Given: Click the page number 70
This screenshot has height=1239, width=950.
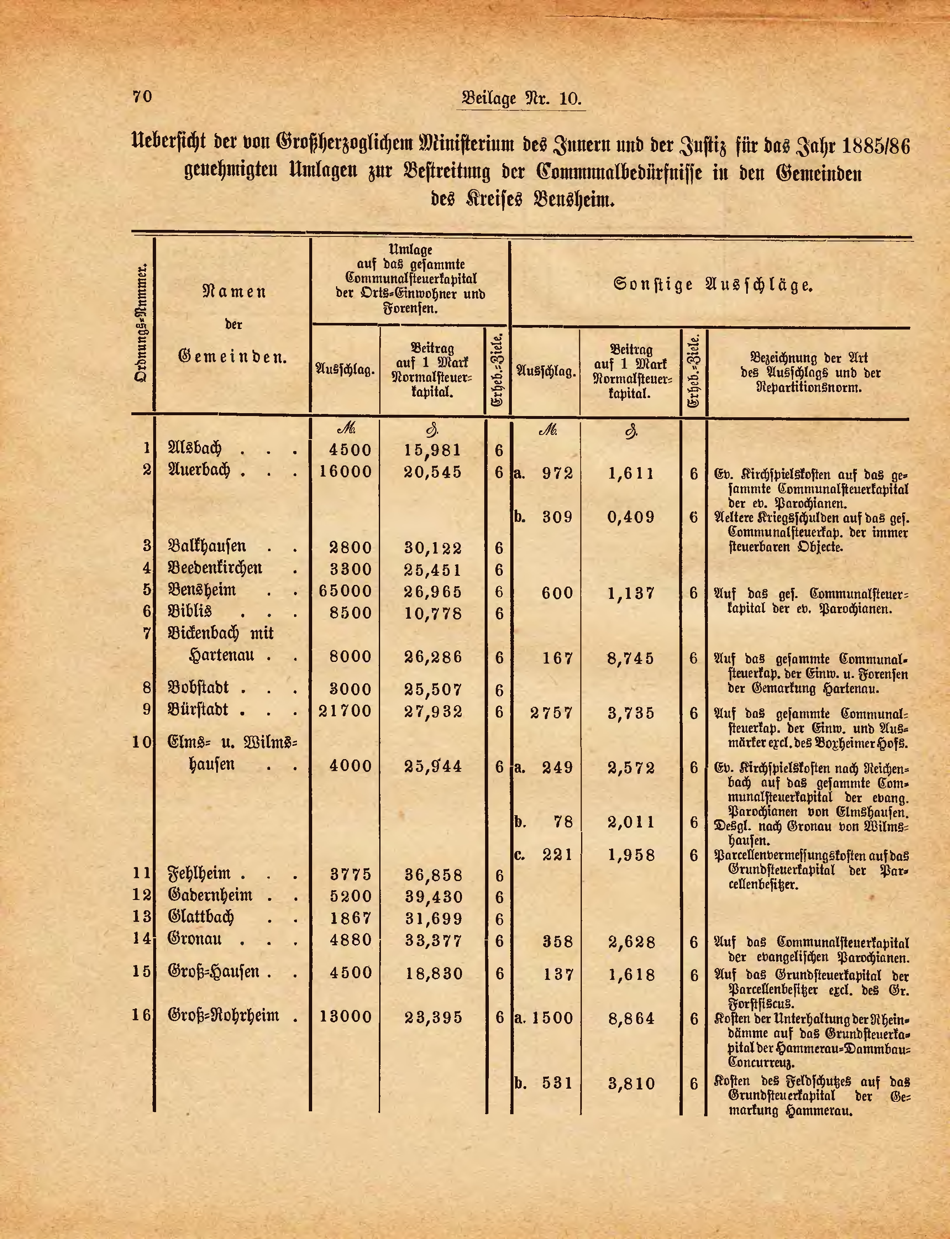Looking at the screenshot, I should point(142,97).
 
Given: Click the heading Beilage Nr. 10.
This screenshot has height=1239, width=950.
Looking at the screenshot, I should point(521,98).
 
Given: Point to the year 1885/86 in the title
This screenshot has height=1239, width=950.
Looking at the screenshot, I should point(876,147).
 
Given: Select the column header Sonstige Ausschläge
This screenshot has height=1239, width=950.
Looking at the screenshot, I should point(714,285).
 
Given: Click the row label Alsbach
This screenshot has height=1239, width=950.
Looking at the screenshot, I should point(194,449).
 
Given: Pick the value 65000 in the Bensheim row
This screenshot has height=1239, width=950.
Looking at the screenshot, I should point(345,591).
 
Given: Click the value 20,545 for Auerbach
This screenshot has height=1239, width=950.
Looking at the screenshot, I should point(433,472).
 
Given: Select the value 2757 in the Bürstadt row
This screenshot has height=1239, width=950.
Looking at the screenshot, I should point(552,713).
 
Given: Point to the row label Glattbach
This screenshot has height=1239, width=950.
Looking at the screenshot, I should point(201,917).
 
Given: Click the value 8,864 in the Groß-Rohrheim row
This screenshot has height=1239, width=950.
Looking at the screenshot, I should point(631,1019).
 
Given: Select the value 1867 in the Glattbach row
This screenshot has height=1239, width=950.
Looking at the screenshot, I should point(350,919).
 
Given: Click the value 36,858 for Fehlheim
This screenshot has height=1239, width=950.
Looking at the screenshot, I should point(433,876).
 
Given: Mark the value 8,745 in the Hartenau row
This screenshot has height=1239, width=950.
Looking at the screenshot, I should point(631,659).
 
